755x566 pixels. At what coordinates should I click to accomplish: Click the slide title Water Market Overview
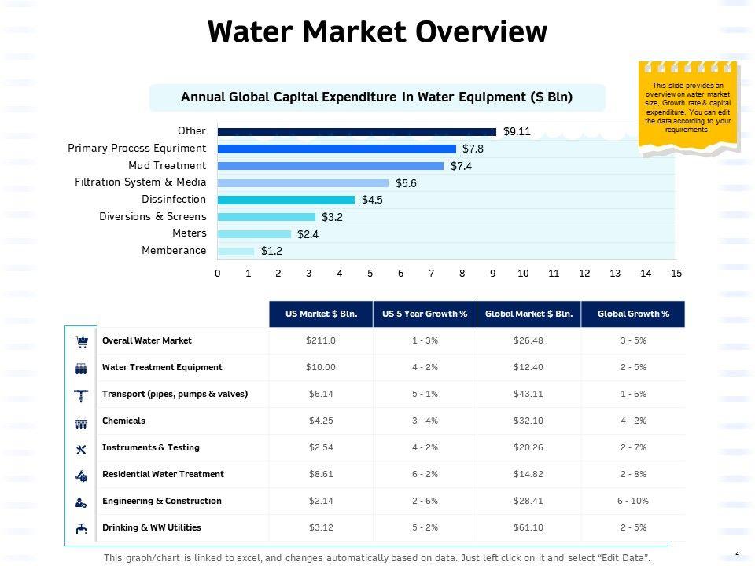tap(377, 32)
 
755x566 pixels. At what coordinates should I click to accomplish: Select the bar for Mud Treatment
tap(330, 166)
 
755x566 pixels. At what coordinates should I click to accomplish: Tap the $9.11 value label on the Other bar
tap(517, 132)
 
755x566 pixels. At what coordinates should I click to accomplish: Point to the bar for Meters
tap(254, 233)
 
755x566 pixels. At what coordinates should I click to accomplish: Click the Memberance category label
tap(174, 251)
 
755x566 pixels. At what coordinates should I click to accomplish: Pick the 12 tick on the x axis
tap(584, 273)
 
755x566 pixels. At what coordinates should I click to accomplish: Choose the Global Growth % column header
tap(633, 314)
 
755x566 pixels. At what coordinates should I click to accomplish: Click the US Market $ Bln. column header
tap(321, 314)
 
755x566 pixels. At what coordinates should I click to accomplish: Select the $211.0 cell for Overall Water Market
tap(321, 341)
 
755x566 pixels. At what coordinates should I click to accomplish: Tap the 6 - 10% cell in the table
tap(633, 501)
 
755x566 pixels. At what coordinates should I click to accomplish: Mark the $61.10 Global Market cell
tap(528, 527)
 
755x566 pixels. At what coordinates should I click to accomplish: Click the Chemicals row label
tap(123, 421)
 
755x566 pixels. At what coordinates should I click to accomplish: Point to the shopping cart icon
tap(80, 341)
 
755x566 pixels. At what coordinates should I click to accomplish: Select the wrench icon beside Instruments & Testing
tap(80, 448)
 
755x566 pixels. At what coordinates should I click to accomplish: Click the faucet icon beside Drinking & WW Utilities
tap(80, 528)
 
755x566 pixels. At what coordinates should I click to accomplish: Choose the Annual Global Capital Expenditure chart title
tap(377, 97)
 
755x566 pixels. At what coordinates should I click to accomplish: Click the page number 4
tap(737, 554)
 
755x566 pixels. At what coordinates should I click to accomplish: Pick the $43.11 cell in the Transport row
tap(528, 395)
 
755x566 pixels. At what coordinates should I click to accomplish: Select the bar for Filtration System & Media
tap(303, 182)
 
